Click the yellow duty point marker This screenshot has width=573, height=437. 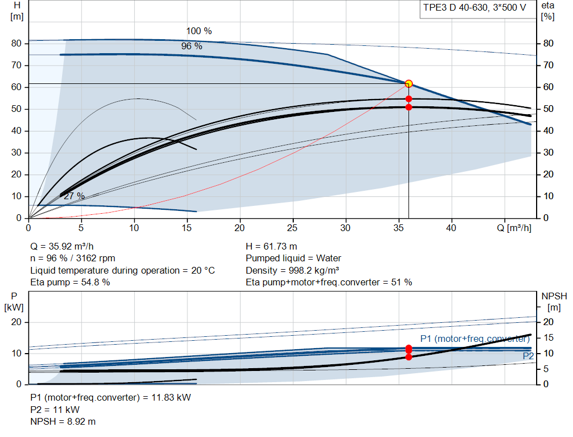[408, 84]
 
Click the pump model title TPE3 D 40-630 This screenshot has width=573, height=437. [457, 8]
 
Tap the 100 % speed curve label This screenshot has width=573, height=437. [199, 31]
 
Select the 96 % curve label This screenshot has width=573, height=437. [191, 46]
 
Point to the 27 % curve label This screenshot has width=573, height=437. [74, 196]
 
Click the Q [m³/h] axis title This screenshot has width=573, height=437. [514, 228]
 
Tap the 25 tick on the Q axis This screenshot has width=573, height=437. [292, 228]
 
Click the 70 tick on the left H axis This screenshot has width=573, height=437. [16, 65]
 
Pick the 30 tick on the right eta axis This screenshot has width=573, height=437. [548, 153]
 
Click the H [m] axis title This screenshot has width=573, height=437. [17, 11]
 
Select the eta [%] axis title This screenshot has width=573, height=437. [548, 11]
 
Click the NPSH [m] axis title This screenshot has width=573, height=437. [554, 302]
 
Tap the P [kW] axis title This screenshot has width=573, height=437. [14, 302]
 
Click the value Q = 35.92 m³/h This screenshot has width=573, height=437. [62, 247]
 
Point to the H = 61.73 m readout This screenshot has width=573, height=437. [271, 247]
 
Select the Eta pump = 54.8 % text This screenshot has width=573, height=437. [70, 283]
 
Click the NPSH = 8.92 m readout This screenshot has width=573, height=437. [63, 422]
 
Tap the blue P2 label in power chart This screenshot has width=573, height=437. [528, 356]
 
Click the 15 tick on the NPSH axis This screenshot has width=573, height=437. [548, 338]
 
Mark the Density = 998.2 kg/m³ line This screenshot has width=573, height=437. [292, 271]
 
